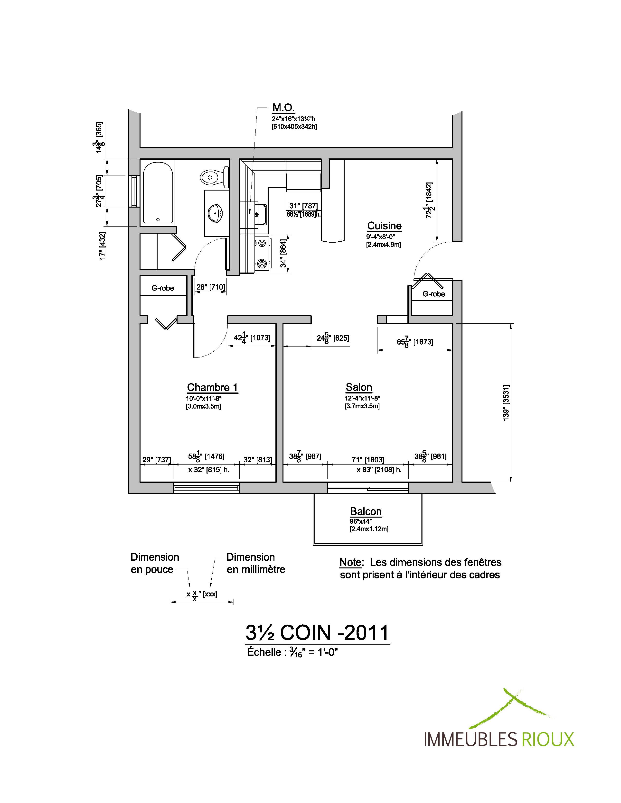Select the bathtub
[x=158, y=193]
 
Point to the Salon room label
[x=359, y=387]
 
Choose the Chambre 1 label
[x=212, y=387]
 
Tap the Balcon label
[x=366, y=511]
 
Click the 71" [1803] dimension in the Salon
[x=368, y=460]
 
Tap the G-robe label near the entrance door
[x=434, y=294]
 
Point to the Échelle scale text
[x=292, y=652]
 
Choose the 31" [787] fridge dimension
[x=303, y=206]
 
